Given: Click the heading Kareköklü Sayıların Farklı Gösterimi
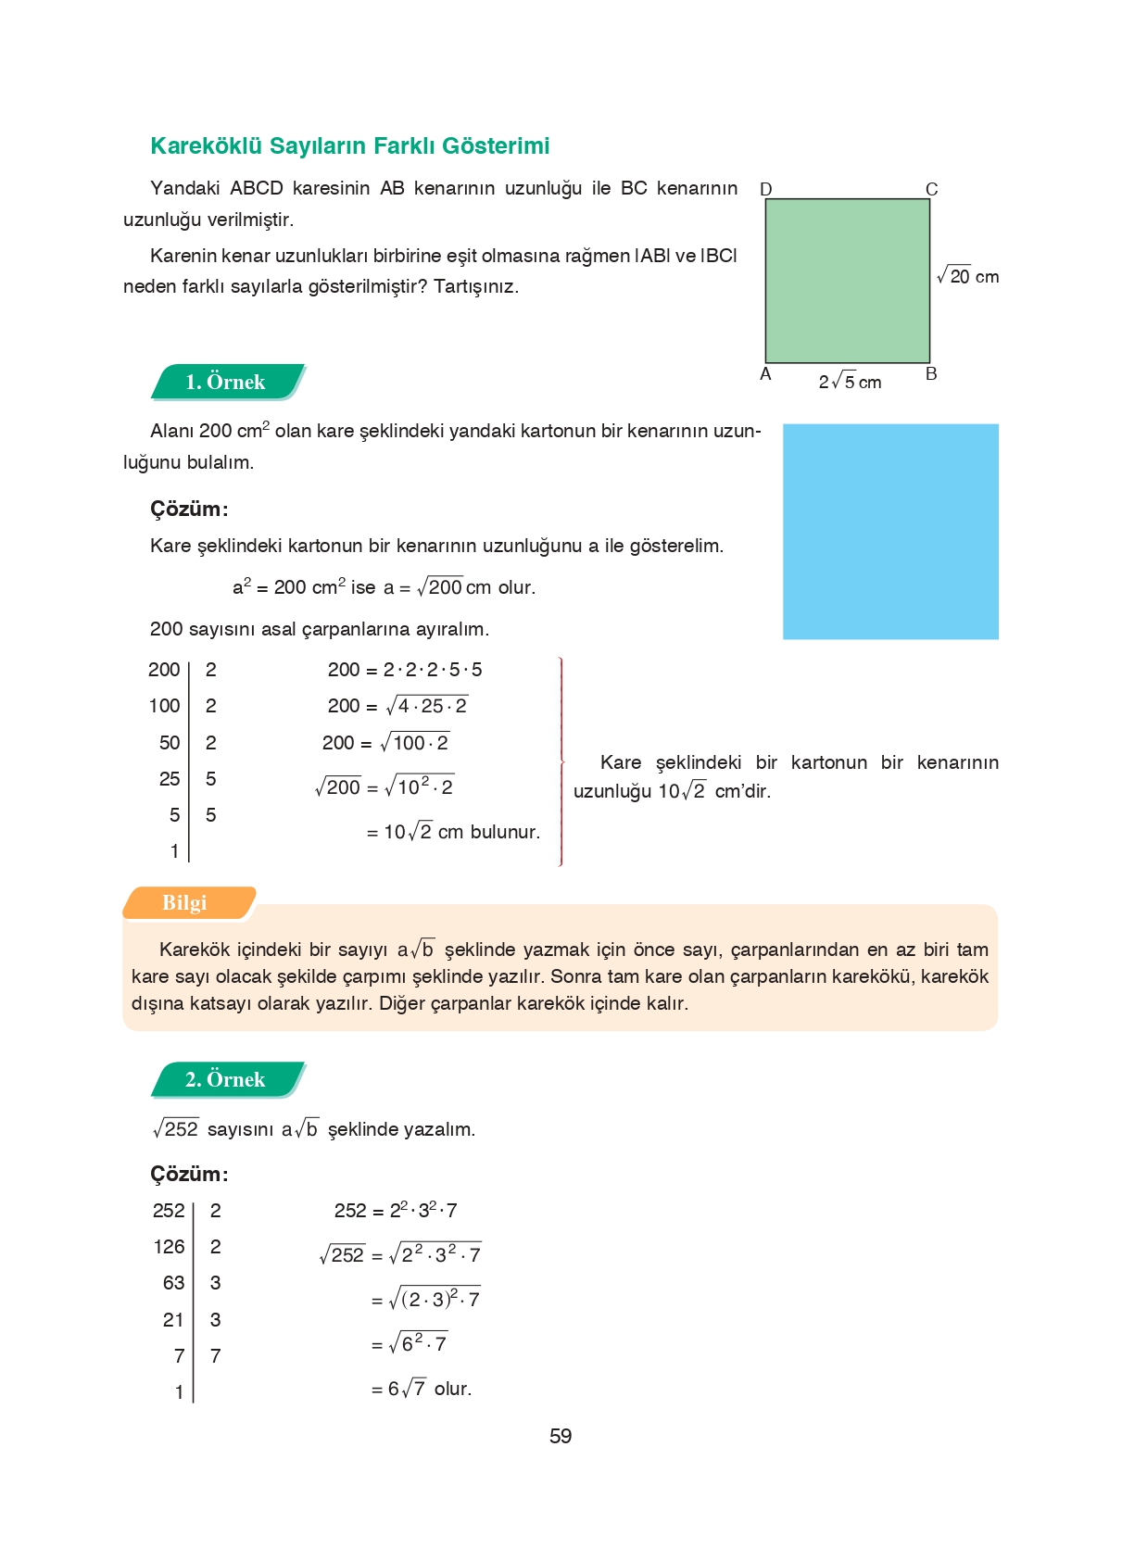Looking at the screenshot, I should (x=349, y=145).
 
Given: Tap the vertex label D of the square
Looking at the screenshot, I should (x=765, y=189).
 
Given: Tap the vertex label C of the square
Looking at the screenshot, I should (x=931, y=189).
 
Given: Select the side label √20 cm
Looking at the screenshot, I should (x=967, y=276).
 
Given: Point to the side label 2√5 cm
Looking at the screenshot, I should (x=850, y=382).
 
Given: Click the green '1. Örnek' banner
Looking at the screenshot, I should (x=226, y=382).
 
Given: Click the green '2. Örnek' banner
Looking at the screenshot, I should (x=226, y=1079).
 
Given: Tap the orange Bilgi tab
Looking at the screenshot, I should (x=185, y=902).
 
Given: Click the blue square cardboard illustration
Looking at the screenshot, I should (x=889, y=531).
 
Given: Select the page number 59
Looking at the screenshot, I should (x=560, y=1436).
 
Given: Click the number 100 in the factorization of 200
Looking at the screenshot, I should (x=164, y=706).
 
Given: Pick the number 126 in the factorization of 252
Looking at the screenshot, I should (x=169, y=1247).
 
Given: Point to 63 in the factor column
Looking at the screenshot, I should (x=173, y=1283).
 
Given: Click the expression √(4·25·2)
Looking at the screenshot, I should (x=426, y=706).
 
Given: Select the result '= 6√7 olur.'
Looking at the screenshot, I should (x=422, y=1389).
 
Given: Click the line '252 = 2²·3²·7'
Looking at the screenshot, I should (x=396, y=1211).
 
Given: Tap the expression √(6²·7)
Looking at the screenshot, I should (x=419, y=1343).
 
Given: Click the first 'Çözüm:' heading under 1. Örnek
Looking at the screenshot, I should (x=189, y=509).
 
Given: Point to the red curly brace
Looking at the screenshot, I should (x=561, y=761).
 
